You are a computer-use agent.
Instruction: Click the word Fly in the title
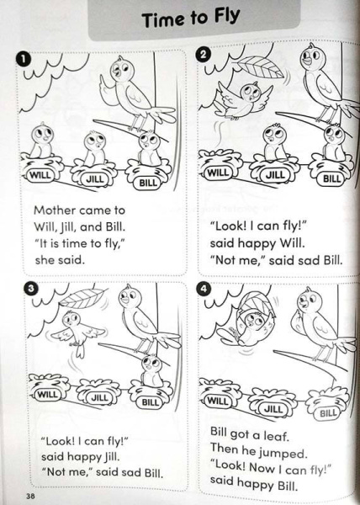pos(226,18)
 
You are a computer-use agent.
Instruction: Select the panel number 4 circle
pos(204,289)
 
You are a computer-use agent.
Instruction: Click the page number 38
pos(30,496)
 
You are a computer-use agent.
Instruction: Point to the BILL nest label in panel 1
pos(148,183)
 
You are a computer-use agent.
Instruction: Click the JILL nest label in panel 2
pos(275,175)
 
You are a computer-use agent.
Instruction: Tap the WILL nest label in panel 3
pos(47,394)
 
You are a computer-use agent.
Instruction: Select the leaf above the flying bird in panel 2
pos(262,69)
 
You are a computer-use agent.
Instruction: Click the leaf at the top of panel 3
pos(83,298)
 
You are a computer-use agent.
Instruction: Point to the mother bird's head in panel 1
pos(120,70)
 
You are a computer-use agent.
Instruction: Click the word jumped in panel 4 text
pos(283,453)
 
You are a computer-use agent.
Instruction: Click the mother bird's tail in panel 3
pos(167,340)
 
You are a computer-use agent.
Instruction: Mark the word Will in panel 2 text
pos(292,243)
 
